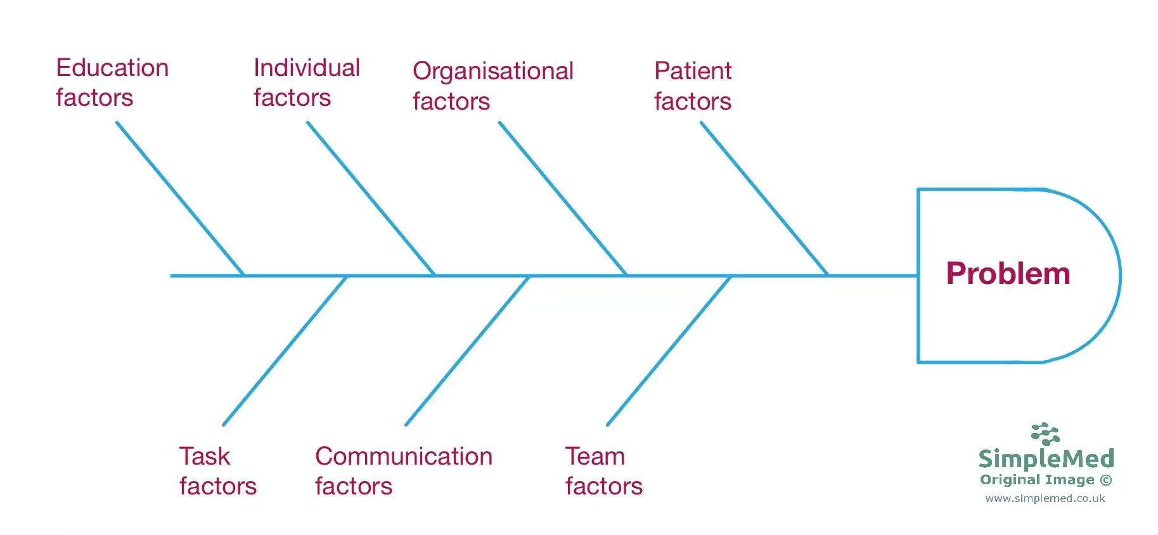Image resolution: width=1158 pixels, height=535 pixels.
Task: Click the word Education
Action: coord(112,68)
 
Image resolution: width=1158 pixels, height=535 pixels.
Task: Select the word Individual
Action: coord(307,68)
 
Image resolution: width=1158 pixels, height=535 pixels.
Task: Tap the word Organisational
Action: coord(493,72)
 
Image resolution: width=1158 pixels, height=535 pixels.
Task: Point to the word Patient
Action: coord(693,71)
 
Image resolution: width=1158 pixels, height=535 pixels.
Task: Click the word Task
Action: coord(204,456)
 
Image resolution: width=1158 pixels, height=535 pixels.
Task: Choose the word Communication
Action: coord(404,456)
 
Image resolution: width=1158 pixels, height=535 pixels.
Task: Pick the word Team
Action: coord(595,456)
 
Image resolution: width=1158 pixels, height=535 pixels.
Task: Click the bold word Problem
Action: coord(1008,274)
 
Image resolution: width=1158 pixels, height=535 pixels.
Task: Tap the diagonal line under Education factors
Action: coord(180,198)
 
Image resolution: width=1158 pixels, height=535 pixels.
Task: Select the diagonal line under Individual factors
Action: coord(371,198)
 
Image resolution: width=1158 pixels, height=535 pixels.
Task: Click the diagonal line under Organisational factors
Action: coord(563,198)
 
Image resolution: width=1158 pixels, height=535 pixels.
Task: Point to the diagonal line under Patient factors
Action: coord(764,198)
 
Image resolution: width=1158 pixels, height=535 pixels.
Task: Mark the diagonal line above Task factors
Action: coord(285,350)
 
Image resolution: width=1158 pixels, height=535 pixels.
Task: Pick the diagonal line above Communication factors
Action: coord(468,350)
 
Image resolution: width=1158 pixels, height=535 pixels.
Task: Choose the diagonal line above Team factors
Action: coord(669,350)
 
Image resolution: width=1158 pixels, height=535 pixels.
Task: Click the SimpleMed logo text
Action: coord(1046,458)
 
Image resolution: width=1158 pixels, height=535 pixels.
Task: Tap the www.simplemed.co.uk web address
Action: coord(1045,498)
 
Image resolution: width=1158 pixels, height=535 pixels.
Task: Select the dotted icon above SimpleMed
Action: coord(1045,434)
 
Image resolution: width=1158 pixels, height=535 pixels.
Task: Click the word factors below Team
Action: coord(603,486)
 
